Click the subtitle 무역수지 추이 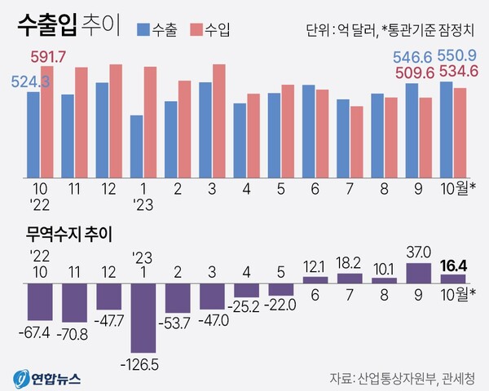66,233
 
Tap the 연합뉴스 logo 51,378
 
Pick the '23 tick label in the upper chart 143,204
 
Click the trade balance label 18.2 349,262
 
